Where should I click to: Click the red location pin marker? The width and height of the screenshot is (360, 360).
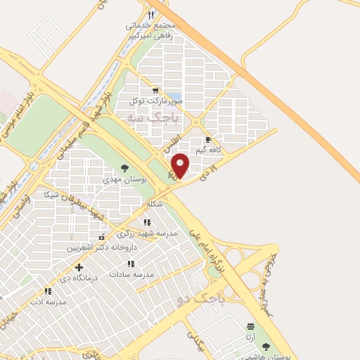click(x=181, y=165)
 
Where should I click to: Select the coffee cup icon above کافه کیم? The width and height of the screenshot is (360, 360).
click(x=208, y=140)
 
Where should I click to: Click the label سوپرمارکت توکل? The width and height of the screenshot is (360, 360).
click(x=156, y=101)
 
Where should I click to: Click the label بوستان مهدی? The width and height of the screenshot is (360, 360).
click(x=124, y=180)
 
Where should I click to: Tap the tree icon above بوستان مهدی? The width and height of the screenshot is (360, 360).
click(x=124, y=168)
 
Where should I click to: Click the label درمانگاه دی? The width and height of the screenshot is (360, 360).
click(x=79, y=278)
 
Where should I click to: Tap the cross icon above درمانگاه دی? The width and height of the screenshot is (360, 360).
click(x=79, y=267)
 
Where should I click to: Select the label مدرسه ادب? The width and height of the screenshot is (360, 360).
click(x=48, y=302)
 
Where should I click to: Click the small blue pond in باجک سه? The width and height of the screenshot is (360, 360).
click(x=175, y=96)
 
